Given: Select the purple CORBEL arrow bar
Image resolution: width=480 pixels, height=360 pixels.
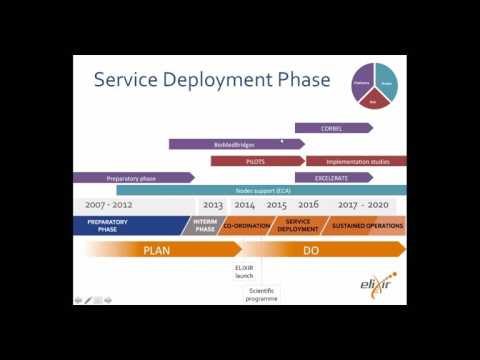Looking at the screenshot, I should pos(332,128).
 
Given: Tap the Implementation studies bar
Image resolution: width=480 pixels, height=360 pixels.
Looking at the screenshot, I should pos(356,160).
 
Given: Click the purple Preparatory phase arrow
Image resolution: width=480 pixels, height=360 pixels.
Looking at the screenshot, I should pos(132,177).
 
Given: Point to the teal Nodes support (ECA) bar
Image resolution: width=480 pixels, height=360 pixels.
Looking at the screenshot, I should pos(260,190).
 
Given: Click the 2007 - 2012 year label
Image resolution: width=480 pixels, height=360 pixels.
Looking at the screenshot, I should pos(108,205).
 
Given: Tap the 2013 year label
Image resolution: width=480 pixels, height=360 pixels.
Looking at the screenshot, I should pos(213,205).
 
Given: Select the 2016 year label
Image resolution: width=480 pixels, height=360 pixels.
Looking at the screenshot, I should pos(308,205).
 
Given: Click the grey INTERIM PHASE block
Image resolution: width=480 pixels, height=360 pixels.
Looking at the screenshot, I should pos(204,226).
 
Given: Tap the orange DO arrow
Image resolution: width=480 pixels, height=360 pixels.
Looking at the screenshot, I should pos(310,250).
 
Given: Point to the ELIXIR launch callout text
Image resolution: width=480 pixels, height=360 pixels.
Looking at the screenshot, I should pos(245,273).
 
